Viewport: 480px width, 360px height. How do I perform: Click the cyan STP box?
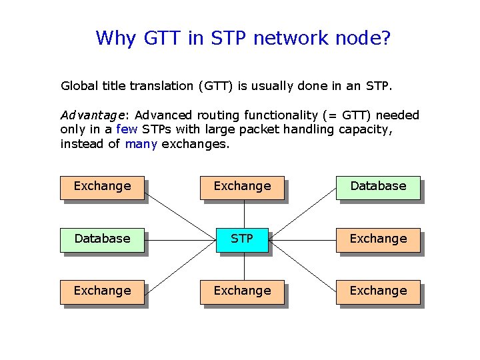pos(242,239)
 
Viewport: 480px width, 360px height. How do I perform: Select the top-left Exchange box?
pos(102,186)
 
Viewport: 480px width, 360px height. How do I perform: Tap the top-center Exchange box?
pos(242,186)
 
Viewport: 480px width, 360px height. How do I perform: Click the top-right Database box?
pos(378,186)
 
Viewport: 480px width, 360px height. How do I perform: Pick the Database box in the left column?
pos(102,239)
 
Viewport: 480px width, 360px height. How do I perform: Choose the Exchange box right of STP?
pos(378,239)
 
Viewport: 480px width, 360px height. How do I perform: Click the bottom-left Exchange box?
pos(102,291)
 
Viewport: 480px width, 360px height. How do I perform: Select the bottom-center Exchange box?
pos(242,291)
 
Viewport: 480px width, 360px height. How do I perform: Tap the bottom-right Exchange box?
pos(378,291)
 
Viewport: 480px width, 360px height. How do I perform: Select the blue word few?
pos(127,129)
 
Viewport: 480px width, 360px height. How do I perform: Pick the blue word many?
pos(141,143)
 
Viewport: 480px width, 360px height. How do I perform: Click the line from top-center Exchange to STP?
pos(243,213)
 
